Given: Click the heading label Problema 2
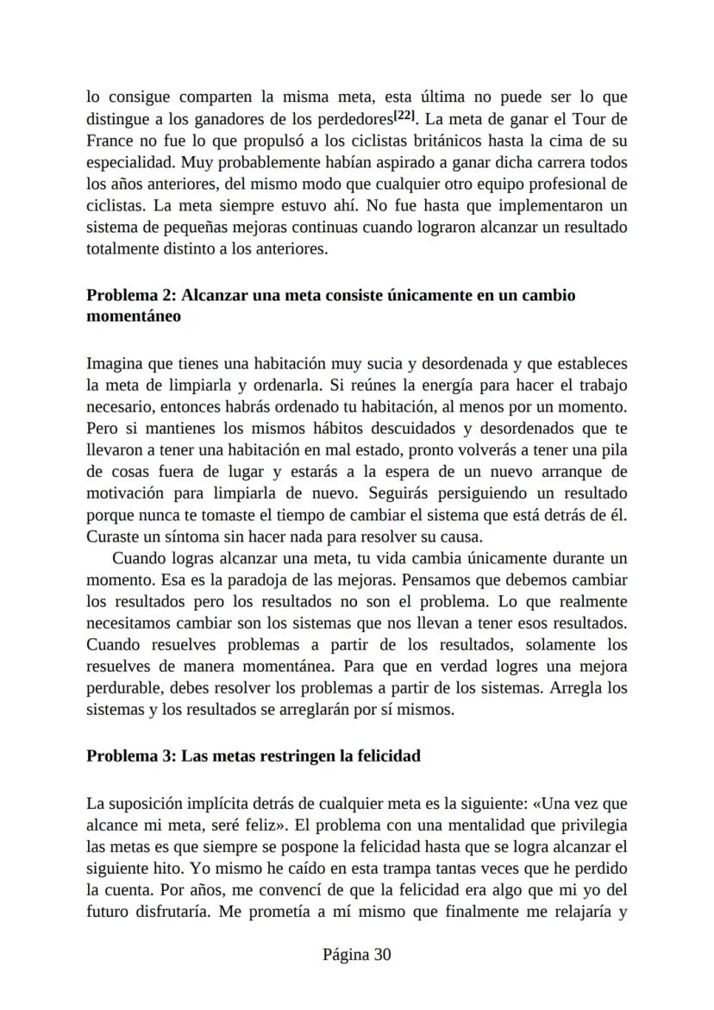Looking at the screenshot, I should point(128,296).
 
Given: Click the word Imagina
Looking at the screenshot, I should point(114,364).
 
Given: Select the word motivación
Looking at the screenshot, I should point(125,494).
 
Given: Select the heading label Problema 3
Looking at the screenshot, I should point(128,756).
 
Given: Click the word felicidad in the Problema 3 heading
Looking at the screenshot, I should point(380,756).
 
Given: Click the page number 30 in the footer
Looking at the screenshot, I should point(382,956).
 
